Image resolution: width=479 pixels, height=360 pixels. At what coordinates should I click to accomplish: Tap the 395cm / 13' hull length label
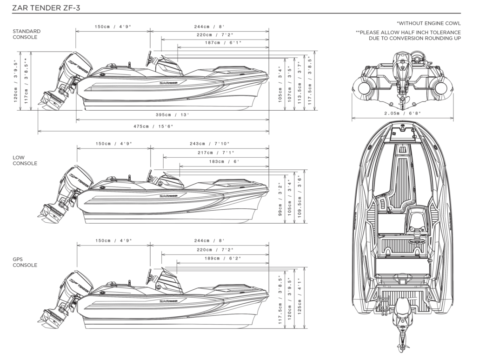coord(172,114)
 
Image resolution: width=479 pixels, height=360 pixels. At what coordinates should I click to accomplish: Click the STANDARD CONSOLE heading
coord(27,34)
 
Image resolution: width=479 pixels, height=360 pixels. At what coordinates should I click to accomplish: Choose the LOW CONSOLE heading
coord(25,160)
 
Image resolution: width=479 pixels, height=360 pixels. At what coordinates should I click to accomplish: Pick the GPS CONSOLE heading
coord(25,262)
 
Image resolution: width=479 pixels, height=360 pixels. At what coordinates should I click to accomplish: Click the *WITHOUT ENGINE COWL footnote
coord(428,23)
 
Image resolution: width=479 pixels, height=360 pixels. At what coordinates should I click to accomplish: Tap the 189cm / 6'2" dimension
coord(223,258)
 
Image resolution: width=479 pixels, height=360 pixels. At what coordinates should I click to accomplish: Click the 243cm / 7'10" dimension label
coord(209,144)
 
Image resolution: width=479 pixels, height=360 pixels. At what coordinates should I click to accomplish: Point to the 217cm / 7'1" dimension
coord(216,153)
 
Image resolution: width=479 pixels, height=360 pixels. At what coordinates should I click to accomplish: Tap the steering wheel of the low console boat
coord(149,177)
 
